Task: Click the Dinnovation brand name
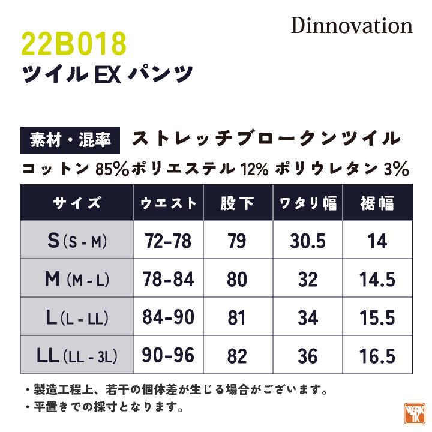[x=352, y=26]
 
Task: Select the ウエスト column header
[x=169, y=203]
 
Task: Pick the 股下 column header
[x=238, y=203]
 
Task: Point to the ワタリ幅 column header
[x=308, y=203]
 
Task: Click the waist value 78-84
[x=169, y=279]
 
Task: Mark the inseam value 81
[x=238, y=317]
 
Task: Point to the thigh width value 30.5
[x=308, y=241]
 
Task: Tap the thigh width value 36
[x=308, y=356]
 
